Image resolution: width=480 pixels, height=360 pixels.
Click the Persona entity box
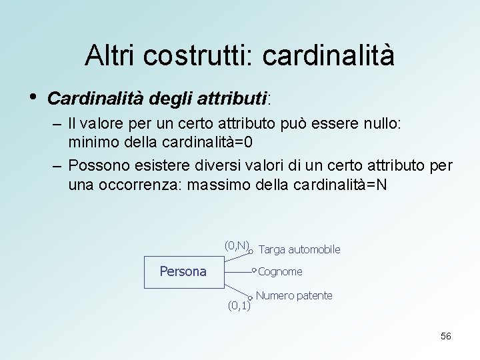[184, 272]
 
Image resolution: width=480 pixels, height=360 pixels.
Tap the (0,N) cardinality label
[237, 245]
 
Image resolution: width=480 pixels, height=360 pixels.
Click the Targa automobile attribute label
[299, 249]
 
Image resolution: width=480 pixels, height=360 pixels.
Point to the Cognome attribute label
[280, 271]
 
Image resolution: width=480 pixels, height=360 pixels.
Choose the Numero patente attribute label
[294, 295]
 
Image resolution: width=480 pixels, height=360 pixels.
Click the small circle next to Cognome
[254, 271]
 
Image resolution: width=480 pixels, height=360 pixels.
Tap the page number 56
[445, 336]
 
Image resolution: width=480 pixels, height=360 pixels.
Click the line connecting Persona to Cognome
[237, 272]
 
